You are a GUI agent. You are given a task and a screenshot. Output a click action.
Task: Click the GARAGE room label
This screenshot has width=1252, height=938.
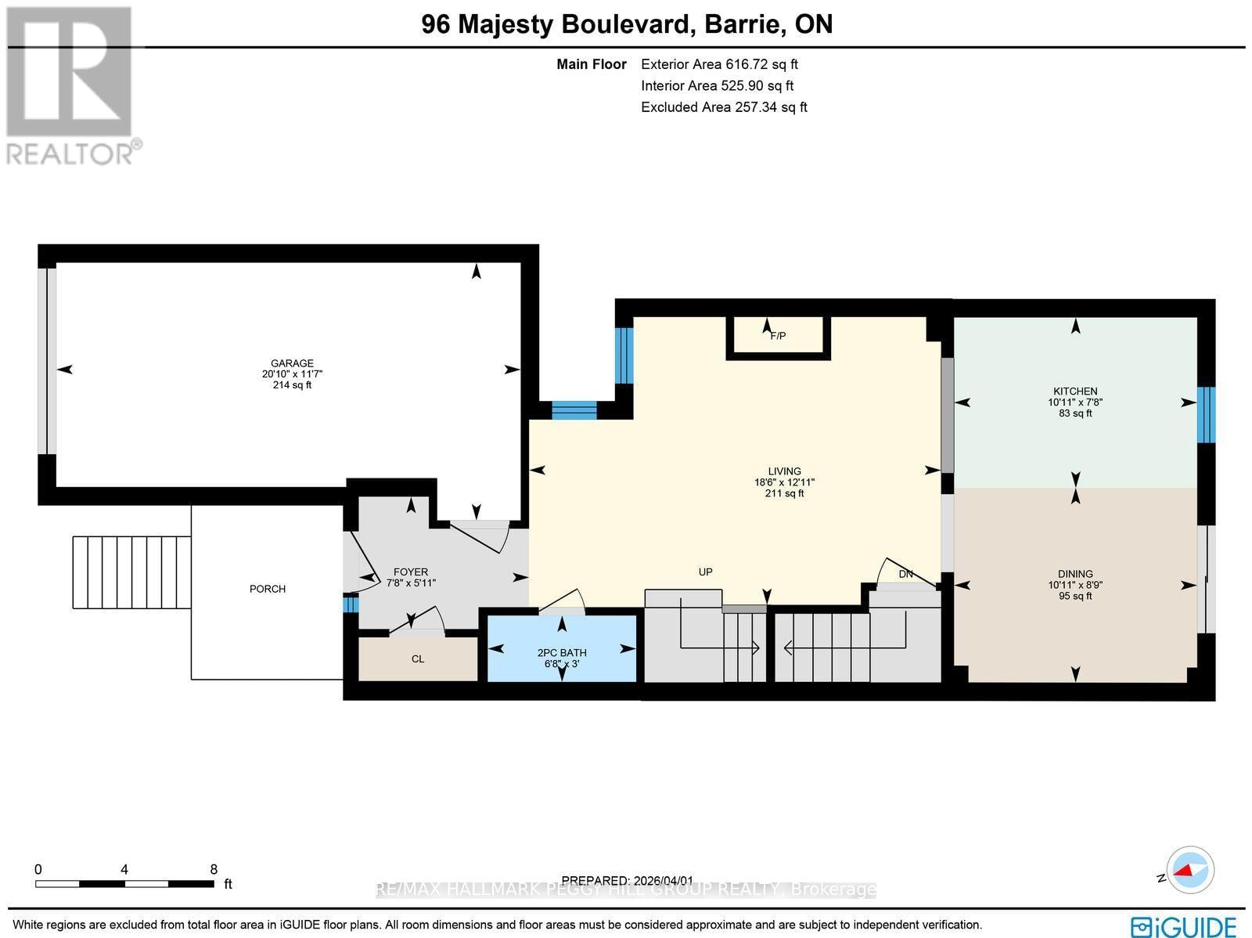click(292, 363)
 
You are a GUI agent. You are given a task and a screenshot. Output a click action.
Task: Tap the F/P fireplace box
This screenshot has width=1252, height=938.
click(778, 337)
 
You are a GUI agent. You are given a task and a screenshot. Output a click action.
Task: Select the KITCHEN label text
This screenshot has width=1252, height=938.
click(1075, 391)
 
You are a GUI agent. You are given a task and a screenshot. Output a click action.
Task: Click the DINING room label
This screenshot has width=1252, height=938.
click(1075, 574)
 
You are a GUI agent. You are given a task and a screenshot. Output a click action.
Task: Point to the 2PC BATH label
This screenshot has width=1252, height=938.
click(562, 653)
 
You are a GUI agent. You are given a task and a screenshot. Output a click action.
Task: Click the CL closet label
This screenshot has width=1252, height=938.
click(418, 659)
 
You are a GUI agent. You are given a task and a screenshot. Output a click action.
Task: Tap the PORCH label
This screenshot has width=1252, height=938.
click(268, 589)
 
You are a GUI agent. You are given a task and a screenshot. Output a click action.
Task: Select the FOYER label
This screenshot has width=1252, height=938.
click(411, 572)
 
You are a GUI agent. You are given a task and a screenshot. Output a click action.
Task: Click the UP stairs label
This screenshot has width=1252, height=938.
click(705, 572)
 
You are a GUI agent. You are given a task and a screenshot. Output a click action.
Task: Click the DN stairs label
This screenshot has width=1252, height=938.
click(905, 575)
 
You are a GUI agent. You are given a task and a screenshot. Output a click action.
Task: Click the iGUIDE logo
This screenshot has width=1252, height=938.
click(1183, 926)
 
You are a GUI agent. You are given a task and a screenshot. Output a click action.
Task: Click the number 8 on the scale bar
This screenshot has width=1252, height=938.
click(214, 869)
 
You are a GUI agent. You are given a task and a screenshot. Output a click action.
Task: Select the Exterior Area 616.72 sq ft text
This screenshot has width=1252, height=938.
click(719, 65)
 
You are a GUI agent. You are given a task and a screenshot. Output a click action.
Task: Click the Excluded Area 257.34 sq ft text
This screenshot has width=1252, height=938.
click(724, 107)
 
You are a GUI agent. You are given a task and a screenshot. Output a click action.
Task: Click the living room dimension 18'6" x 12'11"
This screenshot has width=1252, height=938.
click(784, 483)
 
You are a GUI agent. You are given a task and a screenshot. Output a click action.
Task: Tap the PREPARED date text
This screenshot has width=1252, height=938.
click(628, 881)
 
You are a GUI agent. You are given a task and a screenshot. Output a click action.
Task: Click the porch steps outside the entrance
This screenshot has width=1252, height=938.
click(131, 572)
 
